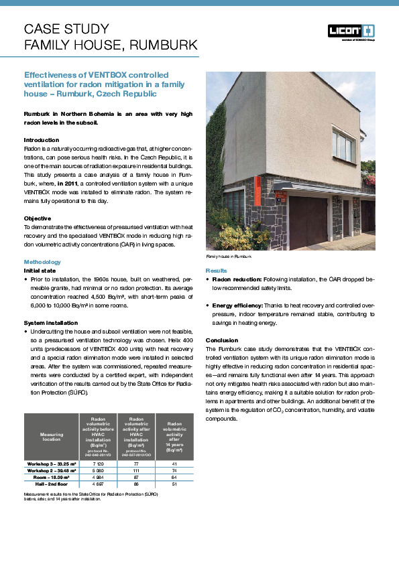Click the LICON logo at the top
351,31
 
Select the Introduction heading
42,139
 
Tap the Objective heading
38,218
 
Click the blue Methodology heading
42,261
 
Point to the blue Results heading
215,269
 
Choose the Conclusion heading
221,340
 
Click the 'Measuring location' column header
52,437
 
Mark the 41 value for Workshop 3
174,463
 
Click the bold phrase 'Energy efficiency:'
237,305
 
